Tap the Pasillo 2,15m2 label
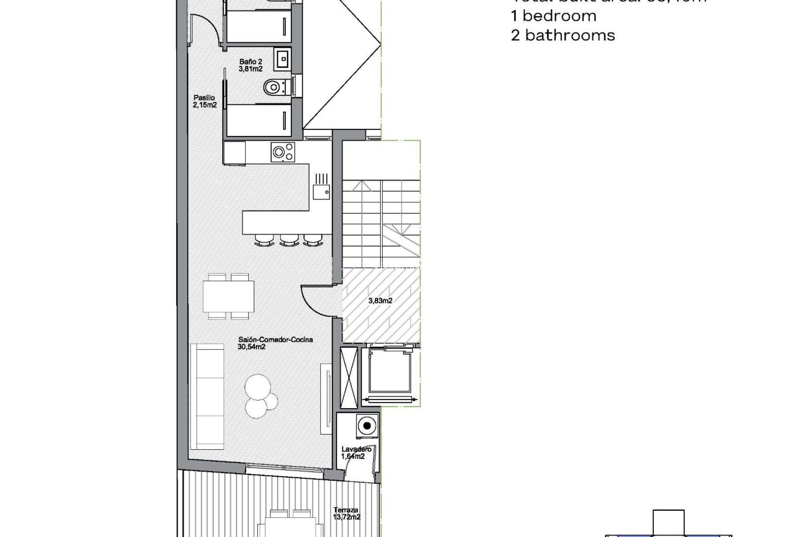(205, 102)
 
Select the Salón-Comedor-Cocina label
(275, 343)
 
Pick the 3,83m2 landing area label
(380, 300)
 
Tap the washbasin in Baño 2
(282, 58)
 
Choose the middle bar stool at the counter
(288, 240)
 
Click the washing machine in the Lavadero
(367, 426)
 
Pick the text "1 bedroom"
(553, 16)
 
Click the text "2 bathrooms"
(563, 35)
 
